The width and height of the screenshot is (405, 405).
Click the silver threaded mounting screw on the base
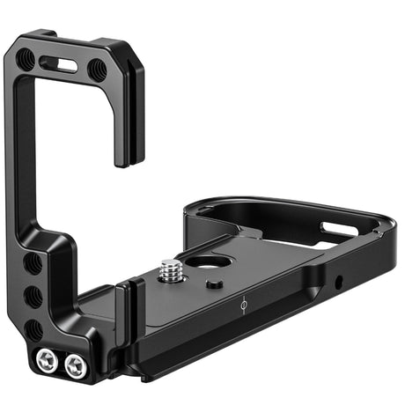[x=170, y=272]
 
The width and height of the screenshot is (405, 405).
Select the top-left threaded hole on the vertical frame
[x=27, y=59]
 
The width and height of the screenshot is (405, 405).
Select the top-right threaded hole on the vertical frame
[x=96, y=68]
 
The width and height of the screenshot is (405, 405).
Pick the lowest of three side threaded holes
[x=33, y=328]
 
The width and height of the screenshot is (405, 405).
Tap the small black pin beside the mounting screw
[x=214, y=283]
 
